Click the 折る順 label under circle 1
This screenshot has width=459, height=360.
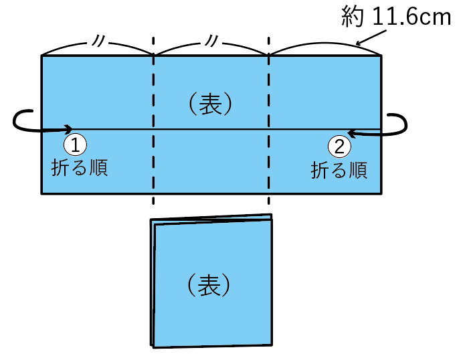[80, 167]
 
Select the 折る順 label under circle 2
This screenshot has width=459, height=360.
[339, 170]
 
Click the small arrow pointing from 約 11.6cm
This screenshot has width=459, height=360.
[365, 39]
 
